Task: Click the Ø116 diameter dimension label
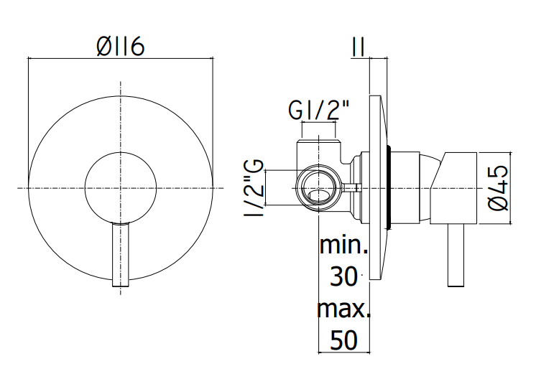pos(121,46)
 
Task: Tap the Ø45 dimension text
pos(497,187)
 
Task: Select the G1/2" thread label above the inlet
pos(318,111)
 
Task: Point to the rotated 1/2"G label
pos(254,188)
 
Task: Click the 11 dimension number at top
pos(358,47)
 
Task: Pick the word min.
pos(343,244)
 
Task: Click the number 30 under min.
pos(343,276)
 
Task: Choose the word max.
pos(343,309)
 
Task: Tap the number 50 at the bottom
pos(343,340)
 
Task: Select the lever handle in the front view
pos(121,255)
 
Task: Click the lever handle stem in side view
pos(456,255)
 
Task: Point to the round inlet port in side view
pos(319,188)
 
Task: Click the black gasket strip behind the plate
pos(389,187)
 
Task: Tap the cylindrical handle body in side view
pos(453,188)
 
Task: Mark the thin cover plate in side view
pos(377,187)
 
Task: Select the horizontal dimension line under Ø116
pos(121,57)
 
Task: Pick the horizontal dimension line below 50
pos(344,352)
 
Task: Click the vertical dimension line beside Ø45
pos(511,188)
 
